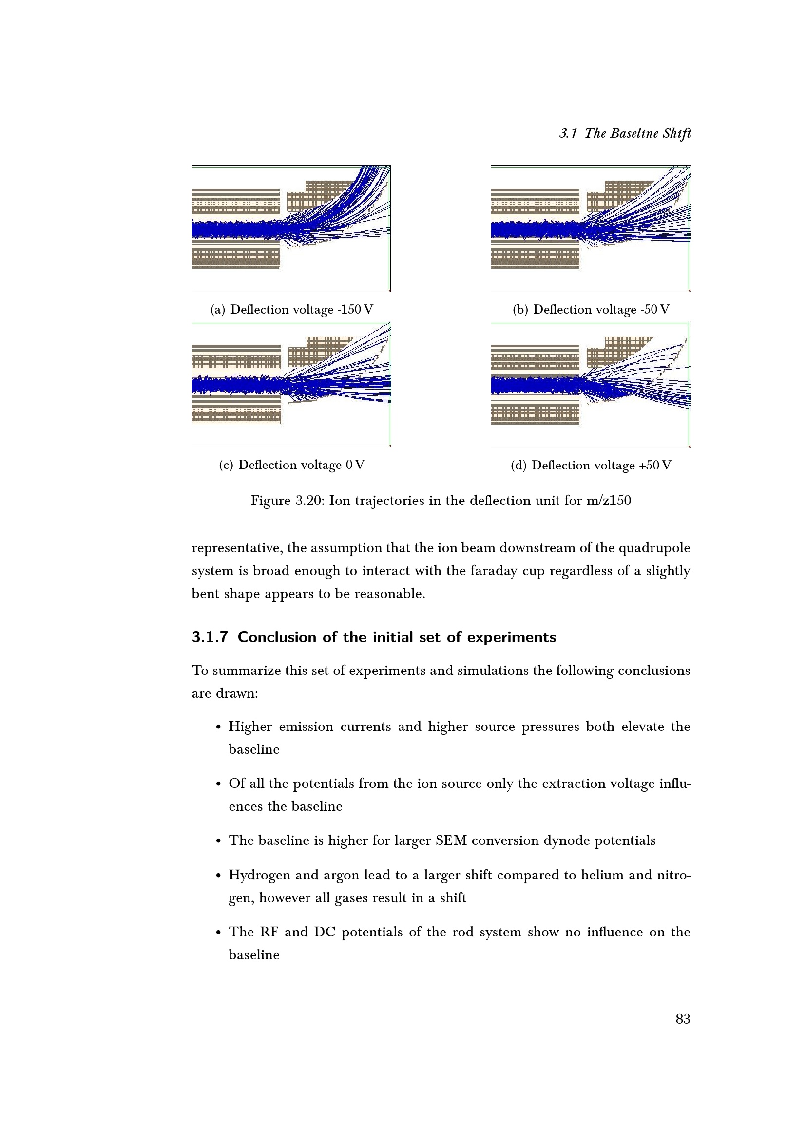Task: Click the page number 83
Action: coord(683,1019)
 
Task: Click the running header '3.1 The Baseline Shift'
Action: coord(625,133)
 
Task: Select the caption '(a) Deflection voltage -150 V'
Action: coord(292,310)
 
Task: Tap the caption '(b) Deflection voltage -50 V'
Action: coord(591,310)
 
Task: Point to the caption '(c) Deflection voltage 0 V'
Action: coord(292,465)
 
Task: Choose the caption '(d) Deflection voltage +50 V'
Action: coord(591,466)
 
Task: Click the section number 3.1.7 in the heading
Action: coord(210,637)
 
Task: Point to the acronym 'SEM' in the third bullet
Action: coord(451,840)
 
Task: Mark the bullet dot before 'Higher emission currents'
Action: coord(218,727)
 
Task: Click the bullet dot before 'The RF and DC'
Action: coord(218,933)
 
